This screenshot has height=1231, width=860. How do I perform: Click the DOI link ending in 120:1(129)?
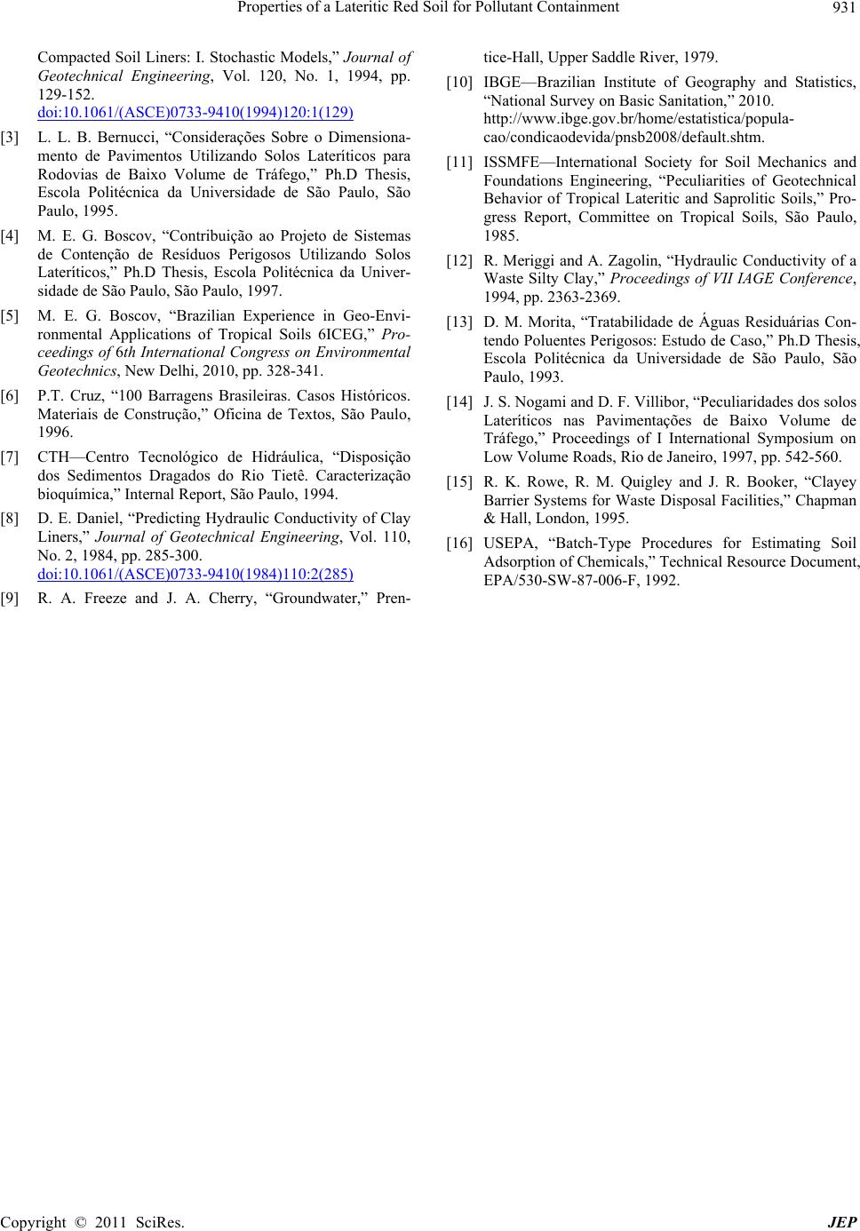pos(195,111)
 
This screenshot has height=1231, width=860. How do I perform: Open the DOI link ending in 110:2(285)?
pos(195,573)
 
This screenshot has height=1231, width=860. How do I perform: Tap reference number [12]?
pos(458,260)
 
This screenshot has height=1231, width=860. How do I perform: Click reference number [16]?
pos(458,543)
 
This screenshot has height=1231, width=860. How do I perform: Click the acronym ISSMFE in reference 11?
pos(511,162)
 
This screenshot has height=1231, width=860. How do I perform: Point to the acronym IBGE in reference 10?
pos(503,84)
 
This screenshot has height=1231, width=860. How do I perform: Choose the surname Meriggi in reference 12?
pos(520,260)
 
